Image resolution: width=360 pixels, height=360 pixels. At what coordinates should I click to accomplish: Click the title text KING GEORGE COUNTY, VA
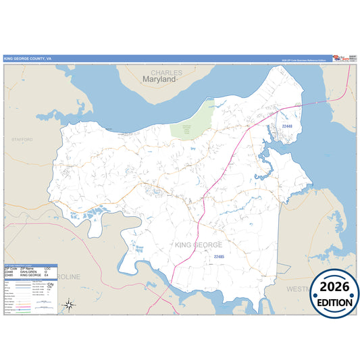click(x=27, y=59)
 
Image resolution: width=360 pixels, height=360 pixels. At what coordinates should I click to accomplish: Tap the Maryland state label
click(x=159, y=80)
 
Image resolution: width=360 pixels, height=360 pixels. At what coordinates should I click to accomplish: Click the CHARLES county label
click(x=166, y=72)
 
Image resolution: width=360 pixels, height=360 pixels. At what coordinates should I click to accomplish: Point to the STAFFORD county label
click(x=22, y=139)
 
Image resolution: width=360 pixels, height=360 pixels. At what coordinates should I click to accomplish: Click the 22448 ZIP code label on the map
click(x=286, y=126)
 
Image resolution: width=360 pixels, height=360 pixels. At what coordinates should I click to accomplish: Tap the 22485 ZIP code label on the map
click(x=218, y=257)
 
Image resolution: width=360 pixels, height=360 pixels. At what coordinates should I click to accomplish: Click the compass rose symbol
click(x=68, y=305)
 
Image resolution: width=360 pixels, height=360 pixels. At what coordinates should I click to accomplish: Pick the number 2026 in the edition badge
click(x=334, y=286)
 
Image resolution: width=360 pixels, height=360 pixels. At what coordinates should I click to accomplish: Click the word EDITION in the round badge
click(x=334, y=302)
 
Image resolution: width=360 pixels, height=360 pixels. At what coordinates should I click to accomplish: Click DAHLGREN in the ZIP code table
click(x=28, y=272)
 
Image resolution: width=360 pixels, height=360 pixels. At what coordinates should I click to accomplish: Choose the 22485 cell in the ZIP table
click(x=9, y=276)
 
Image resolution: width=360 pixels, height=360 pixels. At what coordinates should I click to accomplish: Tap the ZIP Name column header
click(x=27, y=268)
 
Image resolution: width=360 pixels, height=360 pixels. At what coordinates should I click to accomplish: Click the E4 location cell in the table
click(x=47, y=276)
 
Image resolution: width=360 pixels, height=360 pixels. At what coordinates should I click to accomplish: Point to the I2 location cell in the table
click(x=47, y=272)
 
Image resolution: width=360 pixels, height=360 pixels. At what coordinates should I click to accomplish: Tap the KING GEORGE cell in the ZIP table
click(x=30, y=276)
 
